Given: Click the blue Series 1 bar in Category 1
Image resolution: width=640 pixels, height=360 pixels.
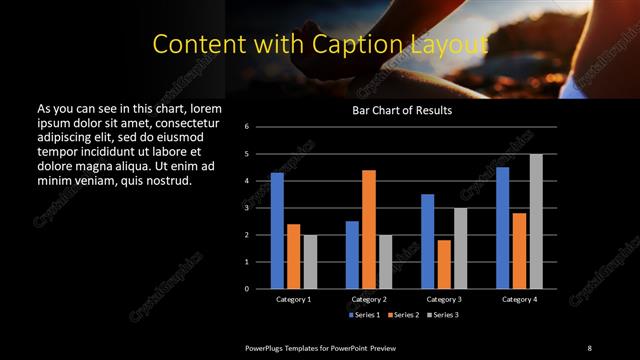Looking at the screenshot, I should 277,231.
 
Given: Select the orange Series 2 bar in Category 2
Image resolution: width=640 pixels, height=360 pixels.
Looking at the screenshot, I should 368,229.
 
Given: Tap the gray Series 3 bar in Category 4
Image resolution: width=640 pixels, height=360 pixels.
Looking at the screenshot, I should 536,221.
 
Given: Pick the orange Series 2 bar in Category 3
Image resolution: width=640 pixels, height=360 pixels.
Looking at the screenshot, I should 444,264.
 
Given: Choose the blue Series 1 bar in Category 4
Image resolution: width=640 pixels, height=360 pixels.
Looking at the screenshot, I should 502,228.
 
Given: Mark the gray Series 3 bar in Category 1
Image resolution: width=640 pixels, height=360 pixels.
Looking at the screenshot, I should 310,262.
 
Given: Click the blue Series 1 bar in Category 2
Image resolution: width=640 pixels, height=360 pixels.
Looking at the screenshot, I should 352,255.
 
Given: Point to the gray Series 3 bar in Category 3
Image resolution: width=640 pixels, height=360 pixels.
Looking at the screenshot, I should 460,248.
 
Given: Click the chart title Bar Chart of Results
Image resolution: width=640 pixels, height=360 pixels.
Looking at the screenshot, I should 402,110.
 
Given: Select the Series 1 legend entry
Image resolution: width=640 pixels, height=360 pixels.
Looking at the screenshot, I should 364,314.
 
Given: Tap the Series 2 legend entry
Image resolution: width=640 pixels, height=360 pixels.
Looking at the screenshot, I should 403,314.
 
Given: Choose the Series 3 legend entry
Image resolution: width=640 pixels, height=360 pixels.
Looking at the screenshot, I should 442,314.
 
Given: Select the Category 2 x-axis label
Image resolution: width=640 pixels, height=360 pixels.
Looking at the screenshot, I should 368,299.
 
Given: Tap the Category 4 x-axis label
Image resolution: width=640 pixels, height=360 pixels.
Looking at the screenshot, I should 518,299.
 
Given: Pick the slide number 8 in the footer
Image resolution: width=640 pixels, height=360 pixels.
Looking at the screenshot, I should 589,347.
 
